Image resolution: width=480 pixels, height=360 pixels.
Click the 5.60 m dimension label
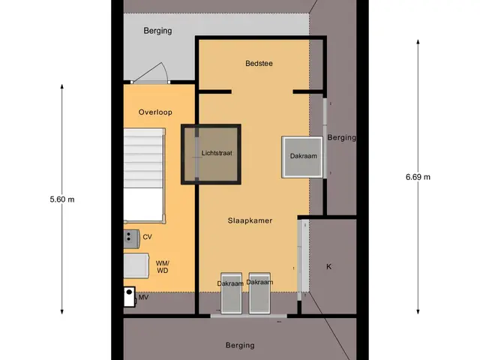tap(62, 199)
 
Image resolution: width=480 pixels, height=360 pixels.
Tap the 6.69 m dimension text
tap(418, 177)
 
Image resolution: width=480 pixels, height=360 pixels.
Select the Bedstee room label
tap(259, 63)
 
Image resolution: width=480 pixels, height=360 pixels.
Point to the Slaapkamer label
tap(250, 220)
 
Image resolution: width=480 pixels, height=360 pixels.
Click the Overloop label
tap(155, 112)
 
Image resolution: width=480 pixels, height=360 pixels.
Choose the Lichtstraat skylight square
tap(211, 154)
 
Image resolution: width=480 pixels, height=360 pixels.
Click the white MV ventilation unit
tap(129, 297)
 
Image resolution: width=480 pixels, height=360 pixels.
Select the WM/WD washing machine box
tap(136, 265)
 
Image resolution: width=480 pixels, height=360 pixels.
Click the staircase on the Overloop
tap(144, 175)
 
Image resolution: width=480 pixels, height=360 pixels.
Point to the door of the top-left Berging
tap(151, 73)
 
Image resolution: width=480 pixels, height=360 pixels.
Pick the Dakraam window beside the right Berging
tap(302, 157)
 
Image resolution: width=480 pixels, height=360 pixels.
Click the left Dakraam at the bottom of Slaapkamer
tap(231, 293)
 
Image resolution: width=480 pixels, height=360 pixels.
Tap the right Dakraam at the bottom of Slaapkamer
tap(259, 293)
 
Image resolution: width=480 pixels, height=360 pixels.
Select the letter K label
tap(328, 267)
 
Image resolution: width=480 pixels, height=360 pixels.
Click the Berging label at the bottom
tap(240, 346)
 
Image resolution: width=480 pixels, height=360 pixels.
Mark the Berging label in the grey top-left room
tap(157, 31)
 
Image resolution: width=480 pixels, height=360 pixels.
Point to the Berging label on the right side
tap(342, 138)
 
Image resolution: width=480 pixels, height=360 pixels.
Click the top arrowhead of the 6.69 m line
tap(418, 42)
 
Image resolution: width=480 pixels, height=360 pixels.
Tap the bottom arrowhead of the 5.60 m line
tap(61, 312)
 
